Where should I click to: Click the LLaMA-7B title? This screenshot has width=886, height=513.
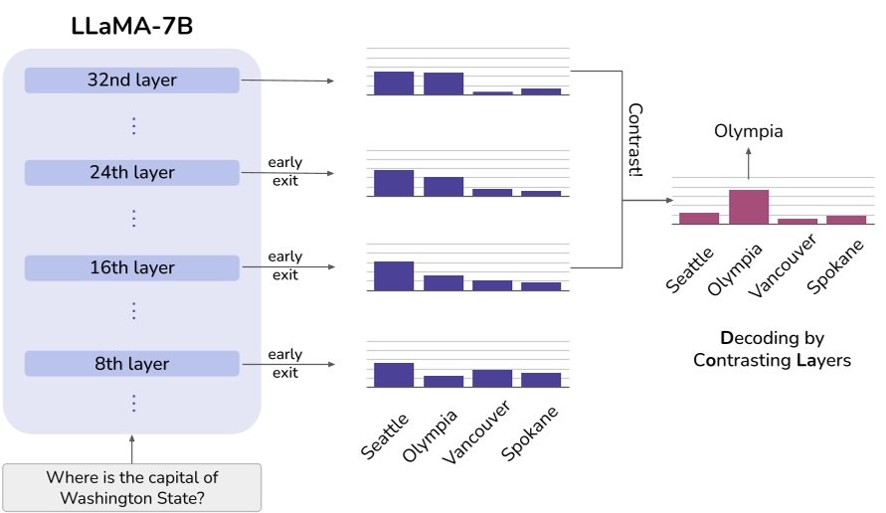pos(132,27)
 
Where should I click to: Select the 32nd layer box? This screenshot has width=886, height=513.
pos(132,81)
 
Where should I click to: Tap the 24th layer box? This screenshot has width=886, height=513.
pos(132,173)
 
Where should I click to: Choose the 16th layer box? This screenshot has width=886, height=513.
pos(132,268)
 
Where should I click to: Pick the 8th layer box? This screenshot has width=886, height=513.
pos(132,364)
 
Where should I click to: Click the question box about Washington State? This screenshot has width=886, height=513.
pos(132,487)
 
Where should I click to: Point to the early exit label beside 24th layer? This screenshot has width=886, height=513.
pos(284,171)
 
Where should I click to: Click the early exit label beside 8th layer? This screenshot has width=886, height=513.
pos(284,363)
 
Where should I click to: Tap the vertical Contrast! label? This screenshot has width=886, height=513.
pos(635,139)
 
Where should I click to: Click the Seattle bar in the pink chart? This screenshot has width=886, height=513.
pos(699,219)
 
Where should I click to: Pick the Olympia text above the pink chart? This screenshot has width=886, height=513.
pos(749,131)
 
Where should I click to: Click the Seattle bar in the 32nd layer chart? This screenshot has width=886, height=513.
pos(394,84)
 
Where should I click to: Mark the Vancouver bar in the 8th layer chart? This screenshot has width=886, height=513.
pos(492,378)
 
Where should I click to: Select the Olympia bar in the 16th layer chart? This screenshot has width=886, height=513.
pos(443,282)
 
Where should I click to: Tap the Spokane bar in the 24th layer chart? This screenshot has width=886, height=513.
pos(541,193)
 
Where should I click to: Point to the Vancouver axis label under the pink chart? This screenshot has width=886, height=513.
pos(787,263)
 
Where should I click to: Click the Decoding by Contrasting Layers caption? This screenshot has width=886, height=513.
pos(772,349)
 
